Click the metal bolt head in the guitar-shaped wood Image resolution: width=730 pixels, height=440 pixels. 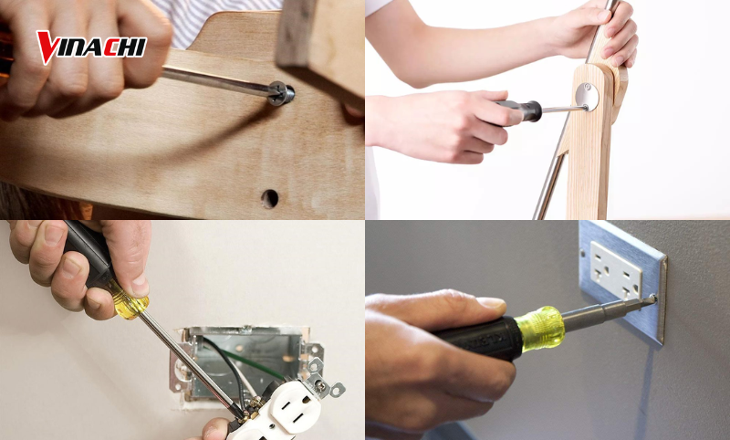(x=281, y=93)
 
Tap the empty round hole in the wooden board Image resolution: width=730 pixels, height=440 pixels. (x=269, y=197)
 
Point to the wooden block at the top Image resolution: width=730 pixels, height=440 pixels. (x=319, y=41)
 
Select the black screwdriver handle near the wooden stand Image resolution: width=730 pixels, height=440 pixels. (x=521, y=111)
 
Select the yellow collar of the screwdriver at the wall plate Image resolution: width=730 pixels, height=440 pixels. (x=539, y=326)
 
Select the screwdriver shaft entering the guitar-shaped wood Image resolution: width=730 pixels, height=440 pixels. (x=219, y=82)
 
